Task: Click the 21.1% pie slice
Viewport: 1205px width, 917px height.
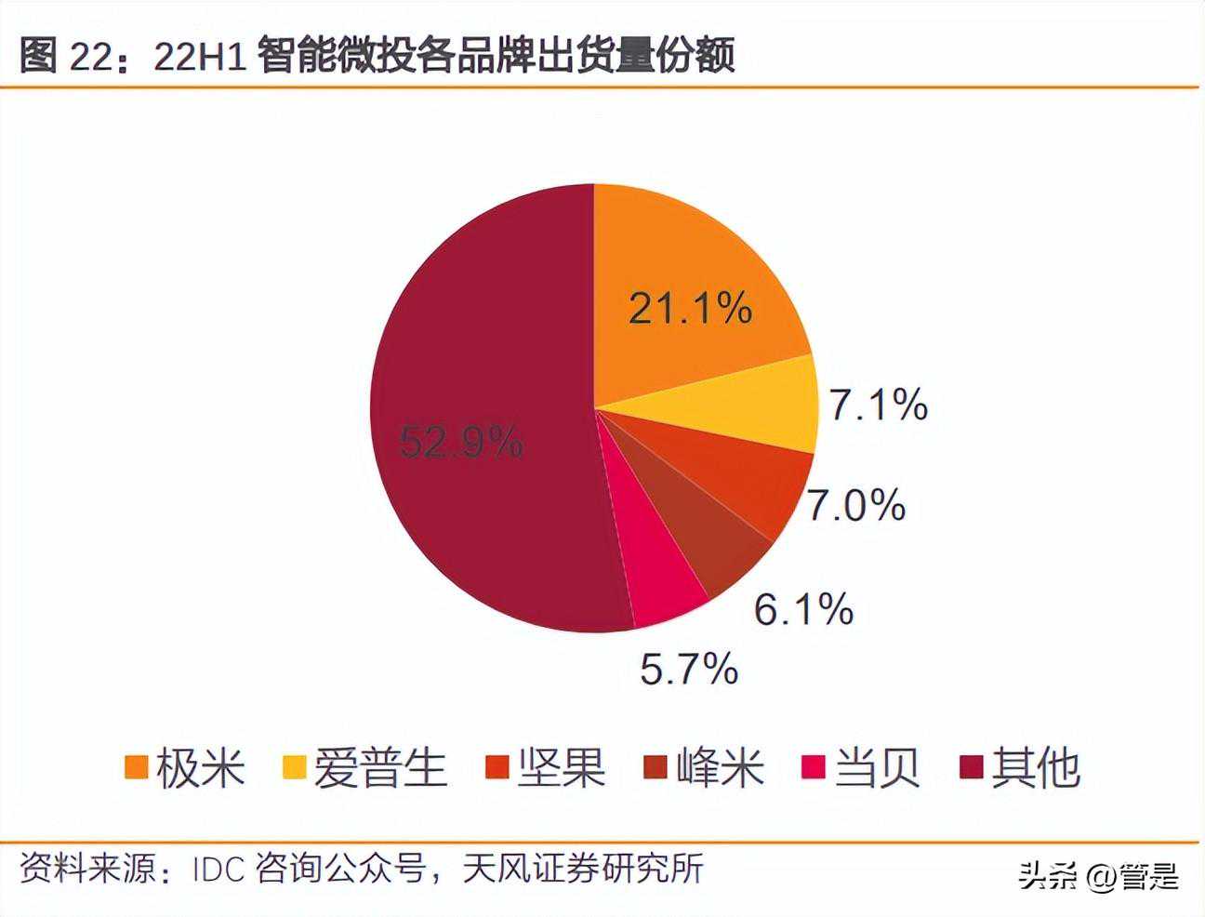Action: coord(688,279)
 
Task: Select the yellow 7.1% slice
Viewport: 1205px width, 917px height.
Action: coord(744,405)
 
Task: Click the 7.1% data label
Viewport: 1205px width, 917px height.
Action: coord(879,406)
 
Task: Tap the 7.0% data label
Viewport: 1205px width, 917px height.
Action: coord(855,505)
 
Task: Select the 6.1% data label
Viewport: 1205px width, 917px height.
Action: coord(803,609)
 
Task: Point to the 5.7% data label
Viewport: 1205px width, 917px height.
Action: coord(689,668)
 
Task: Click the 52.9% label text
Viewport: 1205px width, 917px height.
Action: coord(461,442)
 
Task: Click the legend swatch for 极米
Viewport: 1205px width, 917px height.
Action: coord(137,767)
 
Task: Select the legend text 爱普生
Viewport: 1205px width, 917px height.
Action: coord(380,767)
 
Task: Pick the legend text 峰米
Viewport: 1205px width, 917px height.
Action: coord(720,767)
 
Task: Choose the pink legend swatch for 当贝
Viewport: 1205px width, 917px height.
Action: coord(814,767)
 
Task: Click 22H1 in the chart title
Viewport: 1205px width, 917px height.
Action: coord(199,57)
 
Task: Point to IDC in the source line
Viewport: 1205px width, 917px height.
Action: coord(218,870)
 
